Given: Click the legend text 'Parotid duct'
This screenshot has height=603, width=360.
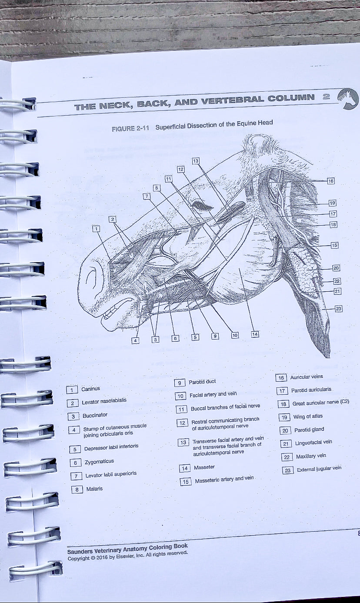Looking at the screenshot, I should (202, 382).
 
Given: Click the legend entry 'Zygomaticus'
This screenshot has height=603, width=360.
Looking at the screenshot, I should (99, 461).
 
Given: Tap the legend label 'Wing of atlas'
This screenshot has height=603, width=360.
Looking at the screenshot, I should (308, 416).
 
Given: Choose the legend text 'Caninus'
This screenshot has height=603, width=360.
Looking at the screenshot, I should (90, 389).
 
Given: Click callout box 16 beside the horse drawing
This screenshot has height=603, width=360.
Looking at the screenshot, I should (331, 180).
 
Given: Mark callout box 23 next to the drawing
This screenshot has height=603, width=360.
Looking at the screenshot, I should (338, 309).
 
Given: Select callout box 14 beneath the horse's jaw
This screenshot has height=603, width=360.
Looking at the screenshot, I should (255, 334).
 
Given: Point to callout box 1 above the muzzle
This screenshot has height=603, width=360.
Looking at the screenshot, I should (96, 228).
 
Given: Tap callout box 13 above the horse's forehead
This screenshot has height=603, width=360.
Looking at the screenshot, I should (196, 161).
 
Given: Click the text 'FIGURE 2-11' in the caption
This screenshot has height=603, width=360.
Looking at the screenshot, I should (130, 129).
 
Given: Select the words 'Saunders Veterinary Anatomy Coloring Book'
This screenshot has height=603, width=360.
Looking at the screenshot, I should (127, 548).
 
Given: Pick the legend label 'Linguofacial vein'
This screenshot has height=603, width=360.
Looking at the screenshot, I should (313, 443).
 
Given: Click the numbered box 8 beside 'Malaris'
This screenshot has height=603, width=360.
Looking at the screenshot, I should (77, 489).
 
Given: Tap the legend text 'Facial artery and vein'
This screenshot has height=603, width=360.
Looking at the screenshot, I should (213, 394).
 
